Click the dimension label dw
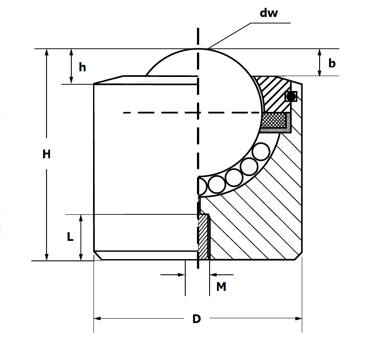[x=268, y=13]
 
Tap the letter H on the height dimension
[x=47, y=154]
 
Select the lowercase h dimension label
[x=82, y=67]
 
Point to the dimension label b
[x=332, y=63]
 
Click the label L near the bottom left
[x=70, y=237]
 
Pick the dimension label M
[x=221, y=287]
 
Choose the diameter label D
[x=197, y=319]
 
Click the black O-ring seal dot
[x=291, y=96]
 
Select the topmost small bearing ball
[x=261, y=152]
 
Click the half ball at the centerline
[x=201, y=186]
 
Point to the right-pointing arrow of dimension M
[x=182, y=275]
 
